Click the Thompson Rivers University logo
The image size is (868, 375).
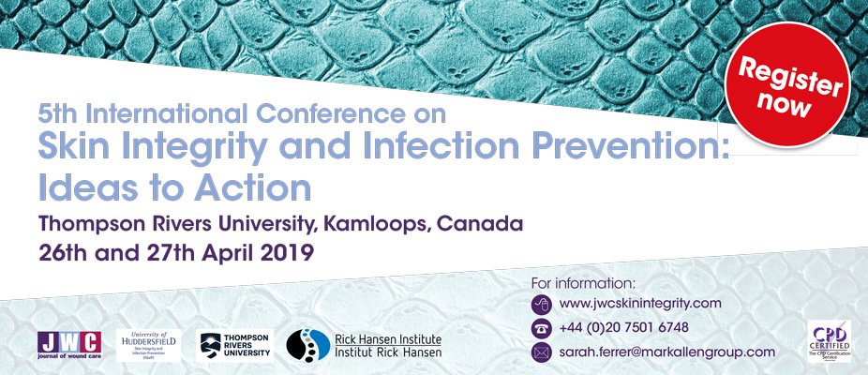(235, 345)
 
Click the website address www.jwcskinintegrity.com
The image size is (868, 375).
(639, 303)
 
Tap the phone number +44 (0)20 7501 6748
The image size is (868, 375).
(623, 327)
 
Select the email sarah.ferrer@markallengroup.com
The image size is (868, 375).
(666, 352)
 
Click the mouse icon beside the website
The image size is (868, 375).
(541, 303)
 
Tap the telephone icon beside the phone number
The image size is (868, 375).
(541, 327)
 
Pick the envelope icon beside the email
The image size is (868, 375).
(541, 352)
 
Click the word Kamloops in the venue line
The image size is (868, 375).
(410, 225)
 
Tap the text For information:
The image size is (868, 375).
(583, 281)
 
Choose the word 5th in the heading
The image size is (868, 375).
(56, 114)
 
